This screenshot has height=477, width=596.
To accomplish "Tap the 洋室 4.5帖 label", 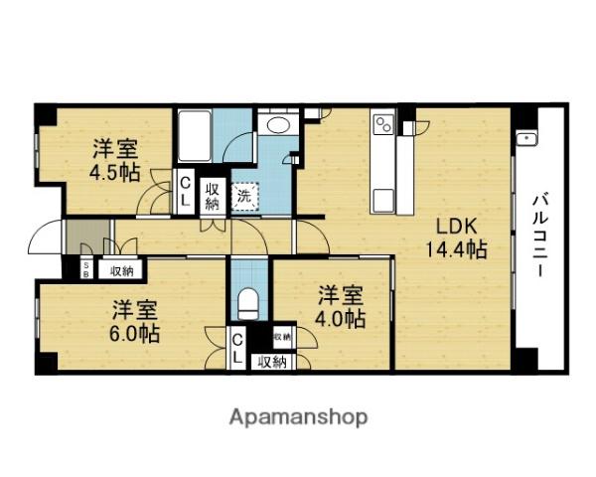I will [116, 160].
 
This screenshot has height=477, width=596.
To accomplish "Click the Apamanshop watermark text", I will [299, 416].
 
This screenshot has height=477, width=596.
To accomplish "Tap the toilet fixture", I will [248, 297].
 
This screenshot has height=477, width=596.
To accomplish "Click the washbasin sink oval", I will [277, 126].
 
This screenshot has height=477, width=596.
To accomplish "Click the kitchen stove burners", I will [383, 126].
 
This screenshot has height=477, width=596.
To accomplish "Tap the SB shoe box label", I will [86, 268].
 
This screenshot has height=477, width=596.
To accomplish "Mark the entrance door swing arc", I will [44, 238].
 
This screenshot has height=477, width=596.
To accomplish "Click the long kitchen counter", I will [383, 169].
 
